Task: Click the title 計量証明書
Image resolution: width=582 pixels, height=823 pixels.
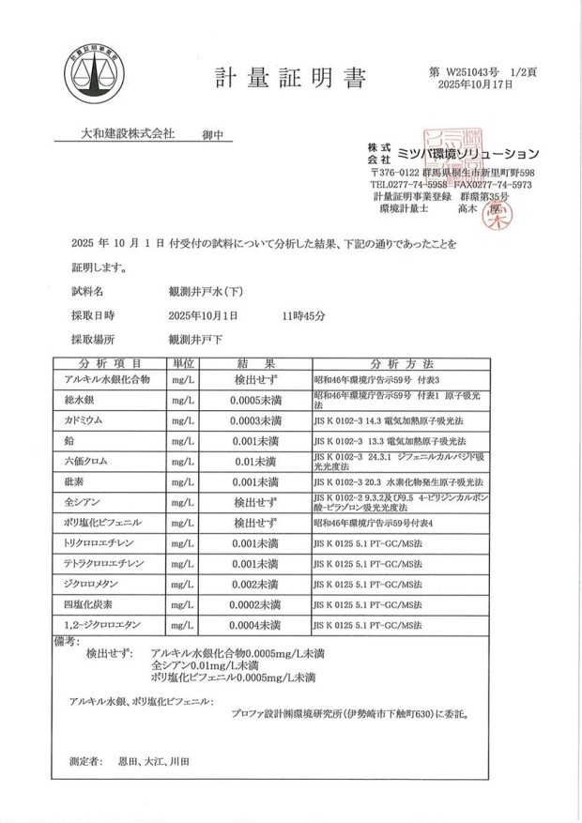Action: [x=290, y=79]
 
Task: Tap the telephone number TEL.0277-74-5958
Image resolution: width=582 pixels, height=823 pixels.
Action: [x=414, y=185]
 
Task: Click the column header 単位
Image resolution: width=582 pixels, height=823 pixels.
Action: [x=184, y=363]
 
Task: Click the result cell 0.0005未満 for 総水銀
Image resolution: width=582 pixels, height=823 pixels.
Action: [x=255, y=401]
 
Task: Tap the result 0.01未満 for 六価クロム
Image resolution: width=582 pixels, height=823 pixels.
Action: [x=255, y=461]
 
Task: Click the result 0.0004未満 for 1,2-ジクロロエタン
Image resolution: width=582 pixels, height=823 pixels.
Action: [x=255, y=624]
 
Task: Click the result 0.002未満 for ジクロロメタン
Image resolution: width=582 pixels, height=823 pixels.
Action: [x=255, y=583]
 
